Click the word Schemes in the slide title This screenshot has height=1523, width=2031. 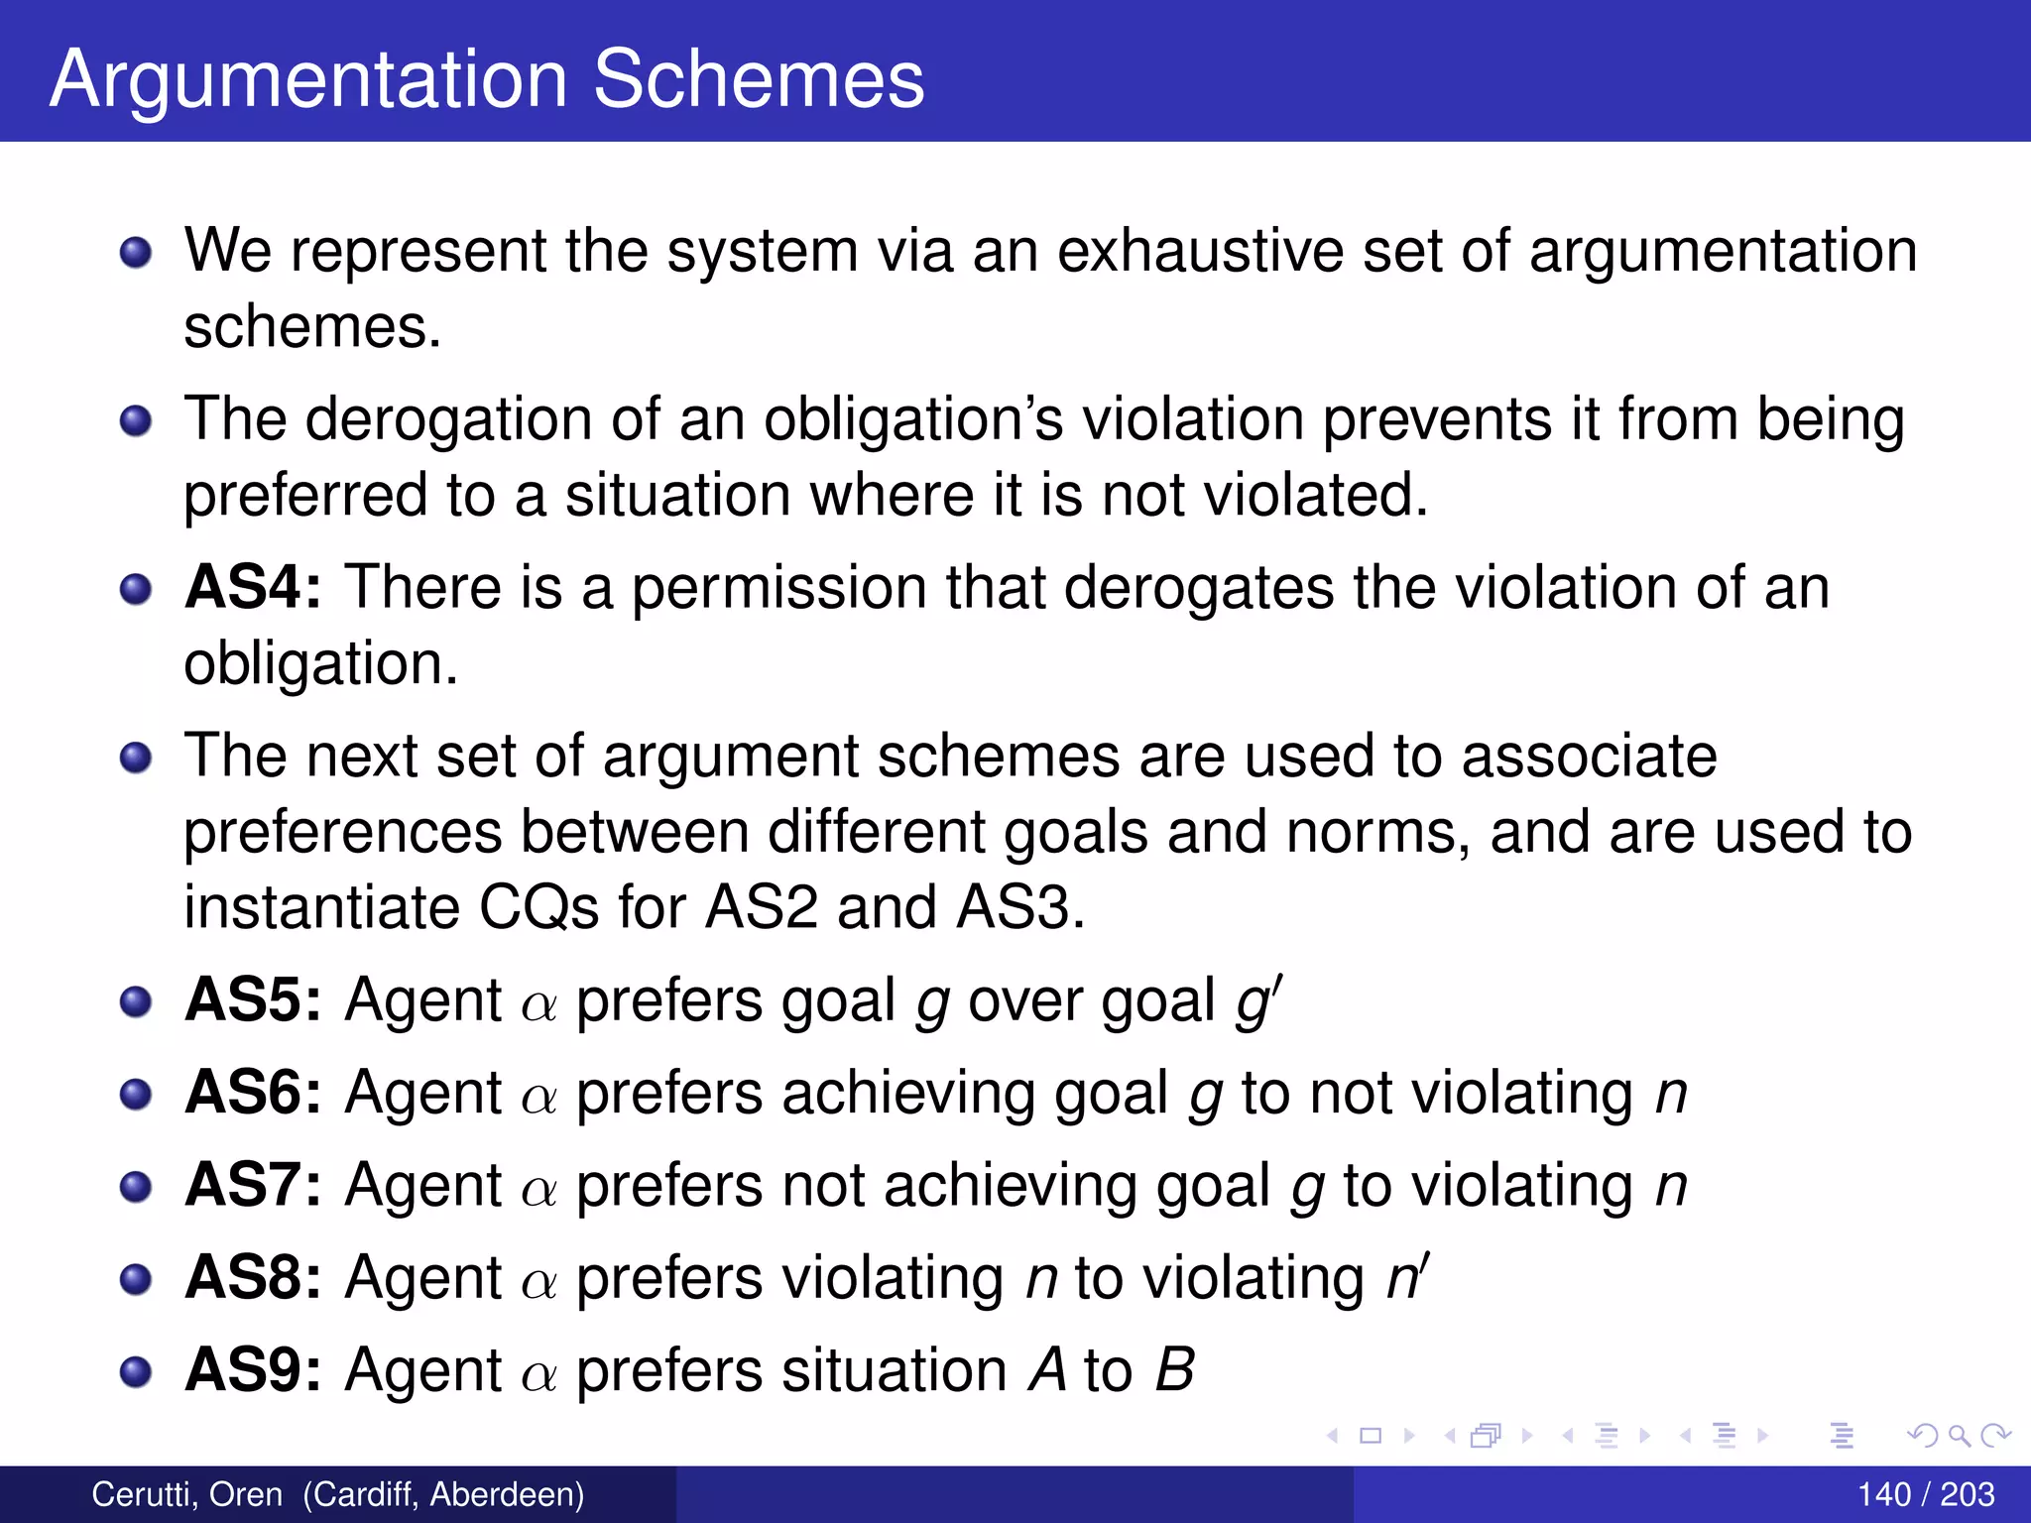click(758, 79)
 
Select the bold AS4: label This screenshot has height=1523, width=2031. click(254, 587)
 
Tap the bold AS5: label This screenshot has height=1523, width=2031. click(254, 999)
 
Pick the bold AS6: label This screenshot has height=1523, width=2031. click(254, 1093)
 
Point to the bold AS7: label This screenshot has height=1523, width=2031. click(254, 1185)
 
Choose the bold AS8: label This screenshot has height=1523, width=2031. click(254, 1277)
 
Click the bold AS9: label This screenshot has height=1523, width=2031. click(254, 1370)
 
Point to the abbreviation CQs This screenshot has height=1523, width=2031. click(538, 907)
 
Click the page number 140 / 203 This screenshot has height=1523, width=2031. click(1925, 1494)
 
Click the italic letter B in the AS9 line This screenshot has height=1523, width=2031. click(1175, 1370)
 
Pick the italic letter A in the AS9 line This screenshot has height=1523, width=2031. click(1047, 1370)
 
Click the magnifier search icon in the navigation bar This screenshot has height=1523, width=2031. click(1959, 1435)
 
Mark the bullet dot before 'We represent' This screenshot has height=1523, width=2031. click(136, 252)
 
